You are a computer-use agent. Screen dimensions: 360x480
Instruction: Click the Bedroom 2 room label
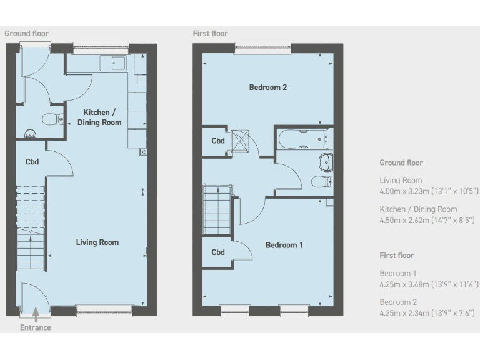pyautogui.click(x=267, y=87)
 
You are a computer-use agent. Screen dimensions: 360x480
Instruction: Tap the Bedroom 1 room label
pyautogui.click(x=284, y=245)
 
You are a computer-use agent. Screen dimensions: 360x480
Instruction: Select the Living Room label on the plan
pyautogui.click(x=97, y=242)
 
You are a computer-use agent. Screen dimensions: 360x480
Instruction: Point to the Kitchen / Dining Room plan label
pyautogui.click(x=99, y=117)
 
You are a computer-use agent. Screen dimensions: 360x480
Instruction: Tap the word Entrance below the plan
pyautogui.click(x=36, y=327)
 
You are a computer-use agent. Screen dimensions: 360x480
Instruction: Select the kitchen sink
pyautogui.click(x=117, y=62)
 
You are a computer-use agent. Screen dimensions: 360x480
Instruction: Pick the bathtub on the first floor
pyautogui.click(x=303, y=139)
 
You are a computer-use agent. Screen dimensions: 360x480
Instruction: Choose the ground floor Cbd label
pyautogui.click(x=32, y=162)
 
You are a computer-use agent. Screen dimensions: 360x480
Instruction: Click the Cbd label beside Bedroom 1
pyautogui.click(x=217, y=252)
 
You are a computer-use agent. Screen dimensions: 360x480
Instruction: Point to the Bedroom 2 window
pyautogui.click(x=262, y=47)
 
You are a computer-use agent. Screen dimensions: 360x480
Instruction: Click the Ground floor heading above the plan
pyautogui.click(x=26, y=34)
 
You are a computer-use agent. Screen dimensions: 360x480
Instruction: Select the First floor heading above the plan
pyautogui.click(x=211, y=34)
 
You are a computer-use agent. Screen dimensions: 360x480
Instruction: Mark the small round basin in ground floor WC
pyautogui.click(x=29, y=132)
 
